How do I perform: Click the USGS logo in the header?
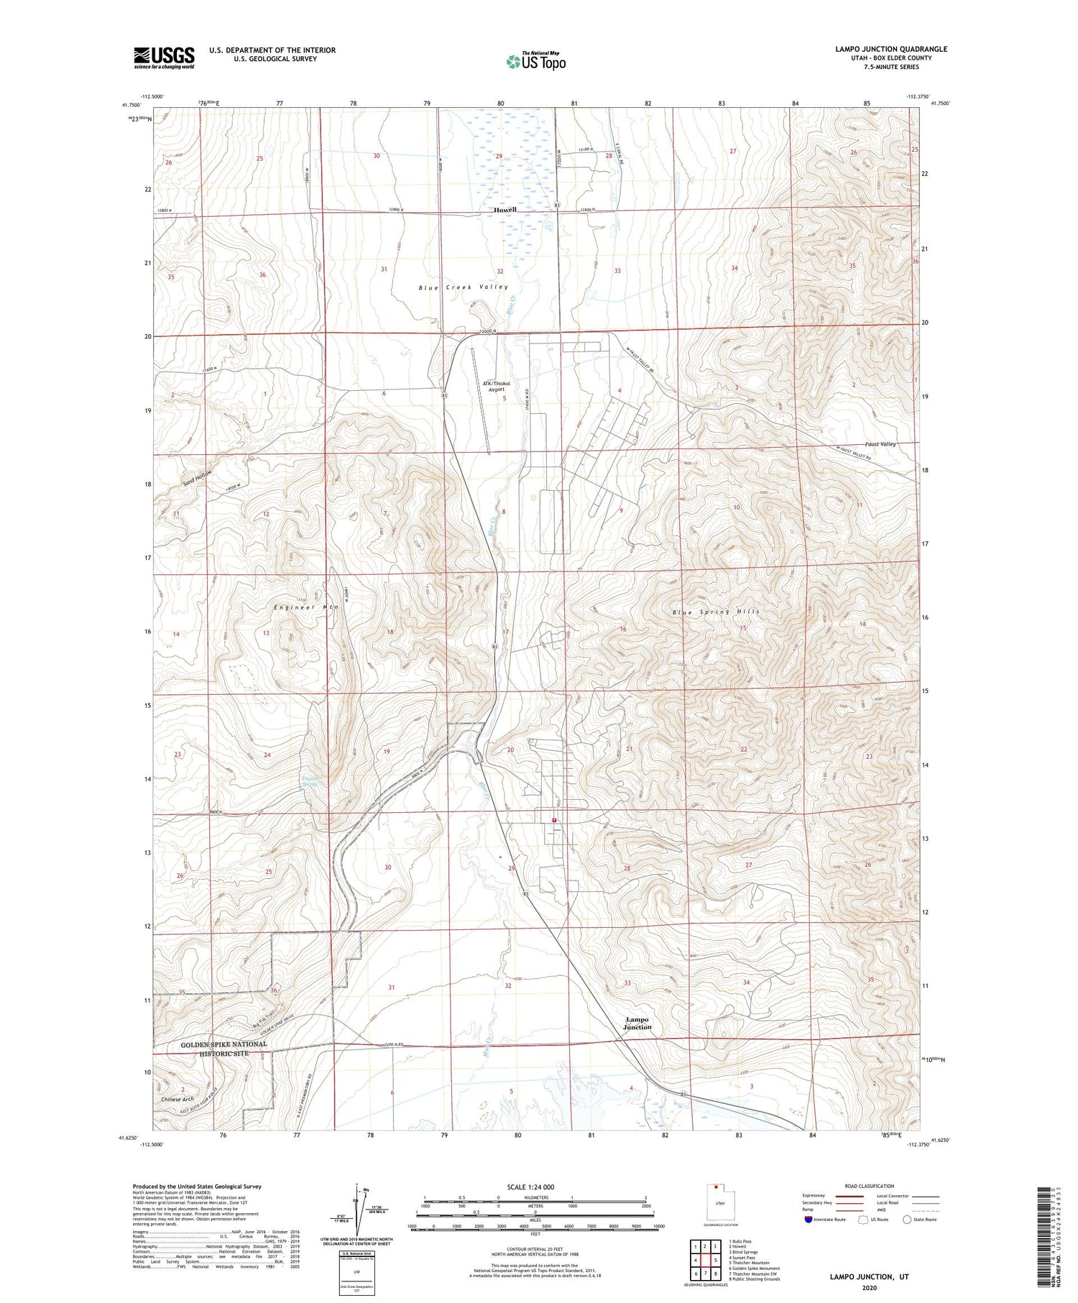[x=164, y=57]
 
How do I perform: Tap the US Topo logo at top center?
[x=535, y=62]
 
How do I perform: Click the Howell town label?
[x=505, y=210]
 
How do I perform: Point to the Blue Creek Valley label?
[x=463, y=287]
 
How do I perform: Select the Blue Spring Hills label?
[x=715, y=612]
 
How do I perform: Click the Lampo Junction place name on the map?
[x=637, y=1023]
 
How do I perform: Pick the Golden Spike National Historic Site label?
[x=213, y=1049]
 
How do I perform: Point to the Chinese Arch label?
[x=178, y=1099]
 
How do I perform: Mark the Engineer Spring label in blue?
[x=310, y=781]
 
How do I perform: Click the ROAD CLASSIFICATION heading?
[x=869, y=1186]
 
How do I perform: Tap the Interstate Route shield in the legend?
[x=809, y=1220]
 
